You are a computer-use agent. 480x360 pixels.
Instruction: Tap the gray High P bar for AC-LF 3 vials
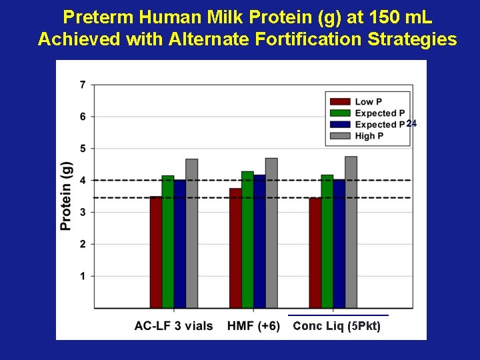pyautogui.click(x=191, y=233)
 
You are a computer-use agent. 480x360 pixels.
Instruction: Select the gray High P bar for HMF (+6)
pyautogui.click(x=271, y=233)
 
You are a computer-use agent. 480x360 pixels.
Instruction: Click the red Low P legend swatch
pyautogui.click(x=340, y=101)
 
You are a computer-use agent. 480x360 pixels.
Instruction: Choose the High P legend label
pyautogui.click(x=374, y=136)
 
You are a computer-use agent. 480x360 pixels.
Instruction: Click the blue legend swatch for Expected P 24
pyautogui.click(x=340, y=125)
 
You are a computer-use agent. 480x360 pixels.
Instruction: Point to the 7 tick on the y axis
pyautogui.click(x=82, y=85)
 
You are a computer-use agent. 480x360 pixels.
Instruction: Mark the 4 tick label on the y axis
pyautogui.click(x=82, y=180)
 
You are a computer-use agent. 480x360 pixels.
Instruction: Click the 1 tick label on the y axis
pyautogui.click(x=82, y=276)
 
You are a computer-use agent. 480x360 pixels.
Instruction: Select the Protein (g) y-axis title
pyautogui.click(x=67, y=196)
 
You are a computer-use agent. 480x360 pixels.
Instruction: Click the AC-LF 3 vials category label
pyautogui.click(x=173, y=326)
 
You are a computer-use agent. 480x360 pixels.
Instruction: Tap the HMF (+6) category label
pyautogui.click(x=253, y=326)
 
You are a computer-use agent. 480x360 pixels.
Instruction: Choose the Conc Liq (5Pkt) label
pyautogui.click(x=337, y=327)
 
